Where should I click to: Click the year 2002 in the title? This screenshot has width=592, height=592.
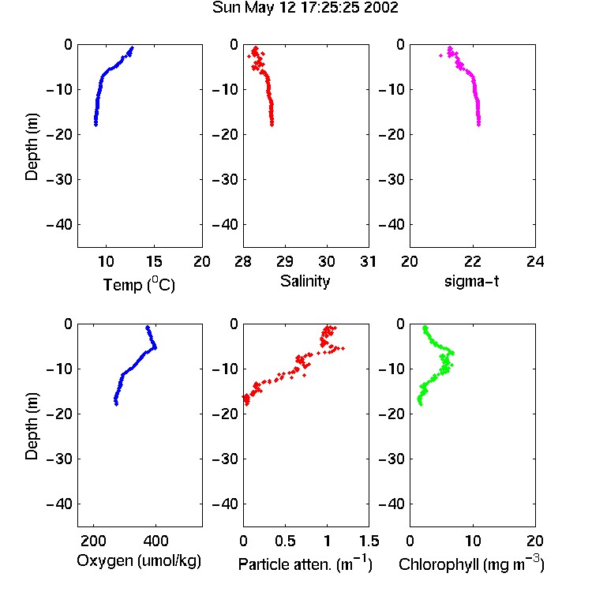click(x=380, y=8)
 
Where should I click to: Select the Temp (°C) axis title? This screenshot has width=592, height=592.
click(x=139, y=284)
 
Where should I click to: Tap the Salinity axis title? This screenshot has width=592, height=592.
click(x=305, y=281)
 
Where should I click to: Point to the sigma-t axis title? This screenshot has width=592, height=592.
click(x=471, y=281)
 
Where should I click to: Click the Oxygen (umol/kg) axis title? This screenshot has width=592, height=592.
click(x=139, y=560)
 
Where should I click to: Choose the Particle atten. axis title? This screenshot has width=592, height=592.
click(x=305, y=564)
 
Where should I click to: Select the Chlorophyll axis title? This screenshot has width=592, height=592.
click(x=471, y=564)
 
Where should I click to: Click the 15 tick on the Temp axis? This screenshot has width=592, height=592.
click(x=154, y=261)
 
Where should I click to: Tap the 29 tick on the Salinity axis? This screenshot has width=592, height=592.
click(x=285, y=261)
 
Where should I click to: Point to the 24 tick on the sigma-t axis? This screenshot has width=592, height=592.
click(x=535, y=261)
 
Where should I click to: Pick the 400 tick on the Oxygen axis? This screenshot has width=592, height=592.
click(x=156, y=541)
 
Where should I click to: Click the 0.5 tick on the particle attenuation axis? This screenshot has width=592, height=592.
click(x=285, y=541)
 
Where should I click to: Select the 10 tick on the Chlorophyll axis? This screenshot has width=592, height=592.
click(x=473, y=541)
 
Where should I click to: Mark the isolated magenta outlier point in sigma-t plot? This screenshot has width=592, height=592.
click(x=440, y=55)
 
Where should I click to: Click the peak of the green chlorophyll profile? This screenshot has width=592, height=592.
click(x=452, y=353)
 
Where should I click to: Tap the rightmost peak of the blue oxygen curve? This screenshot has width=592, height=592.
click(x=155, y=347)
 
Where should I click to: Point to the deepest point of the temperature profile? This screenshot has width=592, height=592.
click(x=96, y=124)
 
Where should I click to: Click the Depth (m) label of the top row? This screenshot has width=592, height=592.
click(x=32, y=147)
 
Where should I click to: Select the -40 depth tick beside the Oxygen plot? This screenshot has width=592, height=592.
click(x=59, y=504)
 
